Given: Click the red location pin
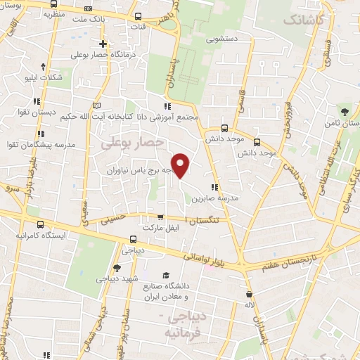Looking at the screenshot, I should [x=181, y=165].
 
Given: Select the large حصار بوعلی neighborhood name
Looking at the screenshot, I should [x=133, y=143].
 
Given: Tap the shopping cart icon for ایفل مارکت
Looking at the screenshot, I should [x=160, y=217].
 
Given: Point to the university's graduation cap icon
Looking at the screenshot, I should [x=166, y=275].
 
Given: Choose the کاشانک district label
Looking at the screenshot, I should [x=304, y=21].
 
